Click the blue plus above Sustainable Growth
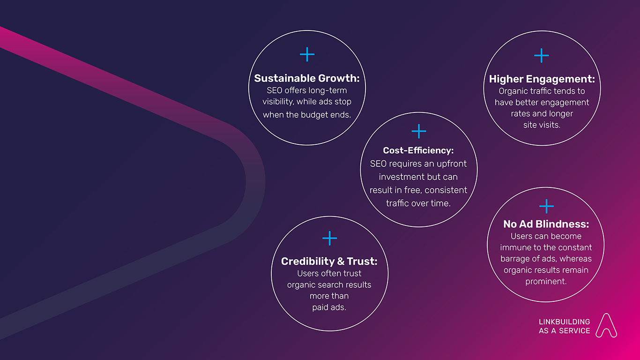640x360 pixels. pos(307,54)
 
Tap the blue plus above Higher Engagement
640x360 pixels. pos(542,55)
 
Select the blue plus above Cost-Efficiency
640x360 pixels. pos(419,131)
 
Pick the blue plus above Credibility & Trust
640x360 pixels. pos(330,238)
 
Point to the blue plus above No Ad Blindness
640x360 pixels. pos(547,206)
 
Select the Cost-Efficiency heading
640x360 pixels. pos(418,150)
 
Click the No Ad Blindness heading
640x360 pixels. pos(546,224)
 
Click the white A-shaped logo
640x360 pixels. pos(606,325)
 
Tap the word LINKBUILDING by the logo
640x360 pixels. pos(564,322)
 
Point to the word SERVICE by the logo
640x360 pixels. pos(574,331)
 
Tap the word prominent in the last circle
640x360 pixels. pos(546,281)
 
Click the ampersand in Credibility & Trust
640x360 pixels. pos(341,262)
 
